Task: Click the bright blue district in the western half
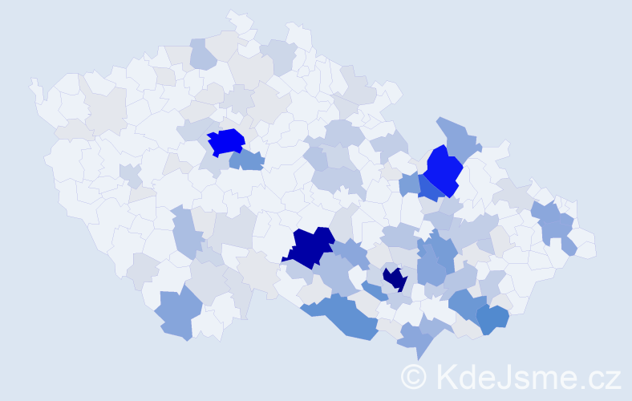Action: [226, 142]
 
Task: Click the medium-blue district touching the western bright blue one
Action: [248, 160]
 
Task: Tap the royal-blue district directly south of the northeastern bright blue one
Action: [429, 189]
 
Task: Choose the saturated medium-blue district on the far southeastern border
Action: [493, 319]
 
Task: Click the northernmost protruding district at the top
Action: [240, 19]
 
